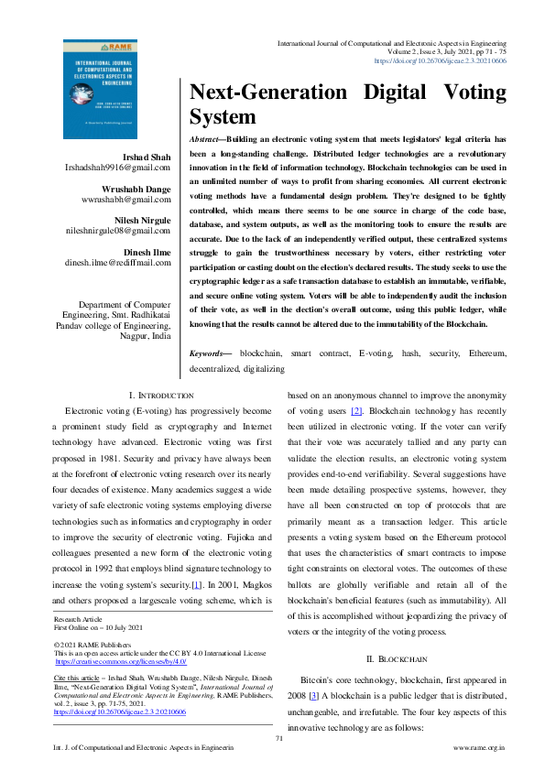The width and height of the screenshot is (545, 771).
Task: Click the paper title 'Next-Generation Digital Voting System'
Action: [347, 104]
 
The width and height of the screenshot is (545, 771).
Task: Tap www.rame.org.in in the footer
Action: [480, 748]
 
